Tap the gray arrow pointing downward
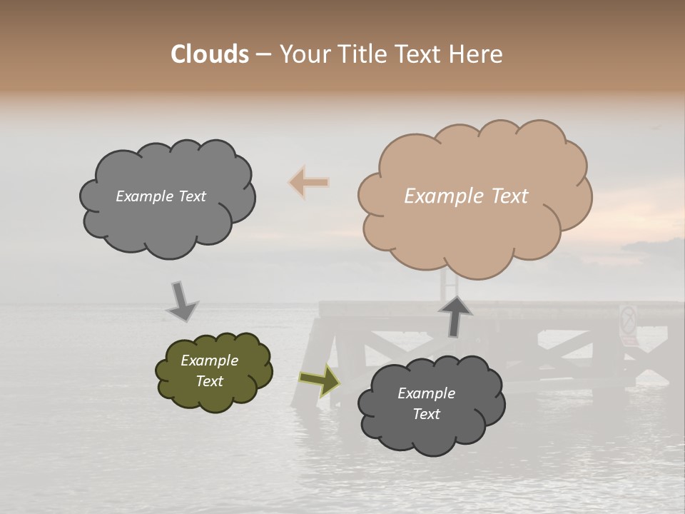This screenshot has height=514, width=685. point(181,301)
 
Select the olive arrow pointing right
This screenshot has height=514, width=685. point(320,380)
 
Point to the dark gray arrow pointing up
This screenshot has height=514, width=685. point(455,315)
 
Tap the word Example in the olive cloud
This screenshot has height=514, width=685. point(209,361)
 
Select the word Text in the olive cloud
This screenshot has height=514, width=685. point(209,381)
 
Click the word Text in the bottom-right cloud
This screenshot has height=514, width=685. point(426,414)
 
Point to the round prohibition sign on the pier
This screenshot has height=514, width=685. point(628,319)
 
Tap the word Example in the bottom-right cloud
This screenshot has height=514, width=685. point(426,393)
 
